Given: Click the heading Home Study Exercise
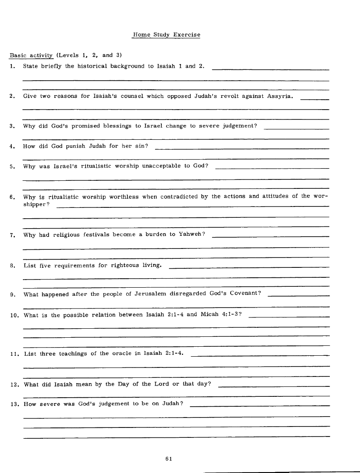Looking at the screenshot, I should point(166,34).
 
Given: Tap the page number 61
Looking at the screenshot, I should point(169,459).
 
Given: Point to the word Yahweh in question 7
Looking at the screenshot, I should point(190,234).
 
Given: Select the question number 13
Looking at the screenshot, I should point(14,404).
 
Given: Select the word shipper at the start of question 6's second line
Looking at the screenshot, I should point(36,204).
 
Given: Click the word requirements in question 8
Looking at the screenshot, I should point(73,265).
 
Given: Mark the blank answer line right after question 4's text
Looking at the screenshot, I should point(242,148).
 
